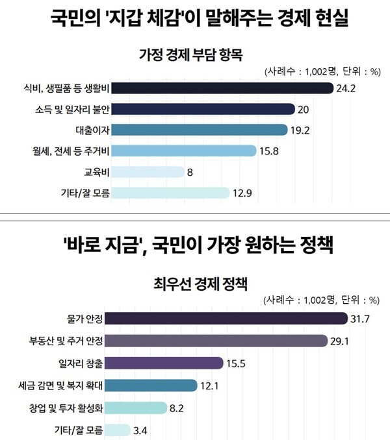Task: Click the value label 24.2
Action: click(346, 88)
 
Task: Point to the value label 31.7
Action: click(361, 318)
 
